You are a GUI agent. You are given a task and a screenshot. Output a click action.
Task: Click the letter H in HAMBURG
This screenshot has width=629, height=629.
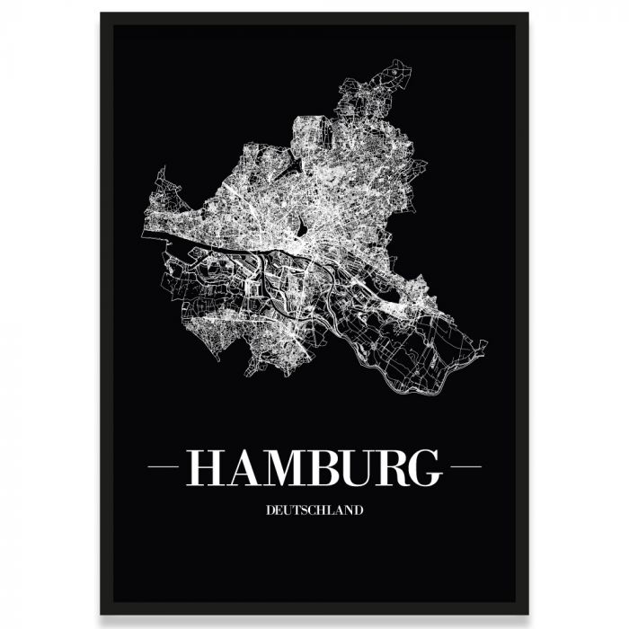(201, 467)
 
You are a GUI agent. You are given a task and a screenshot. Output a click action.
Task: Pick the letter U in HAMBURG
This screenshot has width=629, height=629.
(356, 467)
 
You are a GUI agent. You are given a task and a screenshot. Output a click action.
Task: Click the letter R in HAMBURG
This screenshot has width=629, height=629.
(392, 467)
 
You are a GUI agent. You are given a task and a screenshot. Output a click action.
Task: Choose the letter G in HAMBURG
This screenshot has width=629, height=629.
(426, 467)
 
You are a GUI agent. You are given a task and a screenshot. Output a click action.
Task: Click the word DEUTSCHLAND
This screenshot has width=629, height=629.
(314, 510)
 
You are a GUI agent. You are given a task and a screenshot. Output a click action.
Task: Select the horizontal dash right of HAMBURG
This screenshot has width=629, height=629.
(465, 466)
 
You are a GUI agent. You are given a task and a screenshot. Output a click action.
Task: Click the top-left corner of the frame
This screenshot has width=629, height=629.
(102, 14)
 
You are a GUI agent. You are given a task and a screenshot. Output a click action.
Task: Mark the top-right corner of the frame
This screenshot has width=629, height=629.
(527, 14)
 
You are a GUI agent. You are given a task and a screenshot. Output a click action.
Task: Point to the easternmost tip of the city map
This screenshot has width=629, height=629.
(486, 343)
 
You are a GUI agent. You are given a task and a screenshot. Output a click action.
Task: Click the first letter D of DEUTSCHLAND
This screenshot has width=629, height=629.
(270, 510)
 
